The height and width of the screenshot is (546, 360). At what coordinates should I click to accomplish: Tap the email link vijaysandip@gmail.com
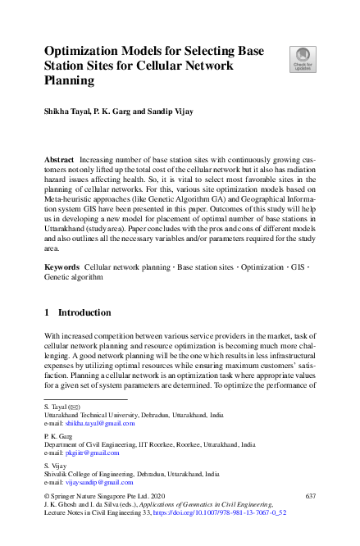100,482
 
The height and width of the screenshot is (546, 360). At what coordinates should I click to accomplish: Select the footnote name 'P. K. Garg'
58,436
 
